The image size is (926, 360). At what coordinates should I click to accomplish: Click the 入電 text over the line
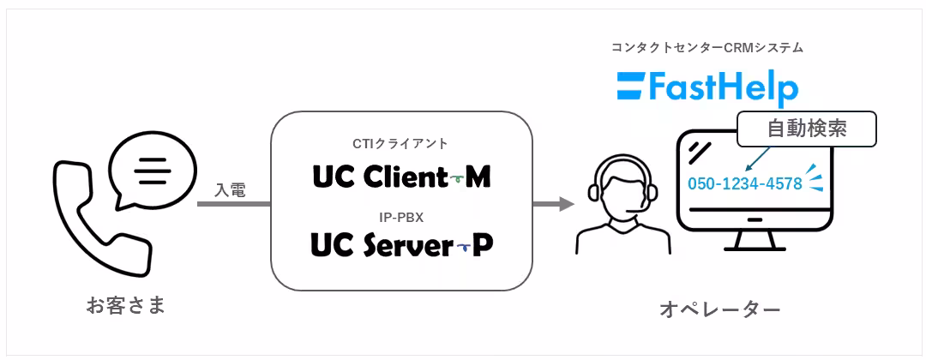(x=231, y=190)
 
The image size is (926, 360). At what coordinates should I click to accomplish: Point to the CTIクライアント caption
(x=401, y=143)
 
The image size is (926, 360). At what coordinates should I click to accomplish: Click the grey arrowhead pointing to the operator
(x=566, y=204)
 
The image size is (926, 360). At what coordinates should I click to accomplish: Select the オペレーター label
(x=720, y=309)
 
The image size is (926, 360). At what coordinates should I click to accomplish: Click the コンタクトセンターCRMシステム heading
(x=707, y=48)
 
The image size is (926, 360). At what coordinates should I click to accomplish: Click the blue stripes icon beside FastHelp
(x=632, y=87)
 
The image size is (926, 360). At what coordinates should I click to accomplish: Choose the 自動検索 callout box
(x=807, y=129)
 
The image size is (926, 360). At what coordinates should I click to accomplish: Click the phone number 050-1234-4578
(x=745, y=183)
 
